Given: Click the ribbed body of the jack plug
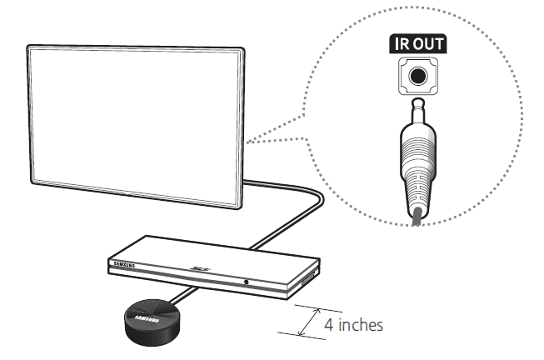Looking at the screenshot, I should pyautogui.click(x=416, y=167).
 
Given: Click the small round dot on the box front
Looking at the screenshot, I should pyautogui.click(x=247, y=282).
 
